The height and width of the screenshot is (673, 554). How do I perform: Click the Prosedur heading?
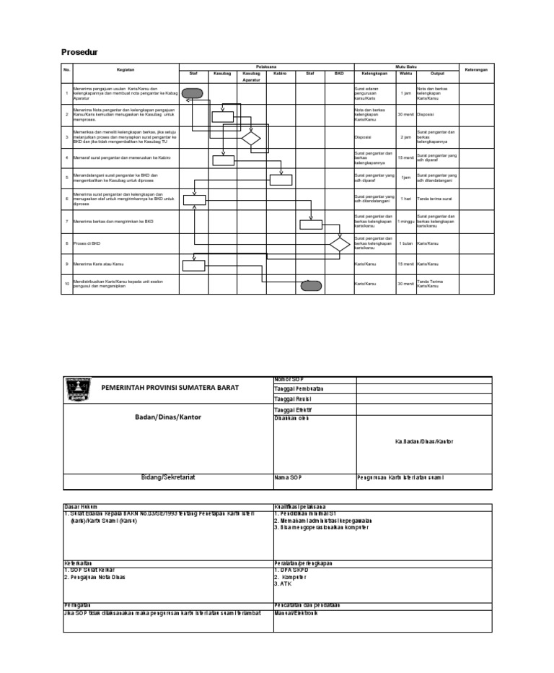[78, 53]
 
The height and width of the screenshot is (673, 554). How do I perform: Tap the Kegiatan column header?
[126, 70]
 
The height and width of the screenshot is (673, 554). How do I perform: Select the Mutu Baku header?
[405, 66]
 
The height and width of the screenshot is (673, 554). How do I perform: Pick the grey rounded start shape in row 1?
[193, 92]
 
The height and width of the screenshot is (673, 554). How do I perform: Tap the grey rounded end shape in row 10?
[311, 285]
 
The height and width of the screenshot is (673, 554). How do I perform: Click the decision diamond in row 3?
[251, 138]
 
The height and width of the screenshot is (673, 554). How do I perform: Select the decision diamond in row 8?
[339, 243]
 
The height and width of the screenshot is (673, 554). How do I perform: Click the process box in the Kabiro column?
[281, 180]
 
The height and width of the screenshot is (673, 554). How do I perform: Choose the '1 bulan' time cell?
[406, 243]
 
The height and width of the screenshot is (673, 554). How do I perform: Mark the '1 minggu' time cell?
[406, 222]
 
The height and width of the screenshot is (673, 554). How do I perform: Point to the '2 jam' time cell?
[406, 136]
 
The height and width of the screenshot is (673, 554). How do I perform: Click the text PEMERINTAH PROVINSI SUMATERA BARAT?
[170, 388]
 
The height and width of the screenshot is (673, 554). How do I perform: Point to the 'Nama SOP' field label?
[287, 477]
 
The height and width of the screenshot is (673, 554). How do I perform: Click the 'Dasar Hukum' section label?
[80, 507]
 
